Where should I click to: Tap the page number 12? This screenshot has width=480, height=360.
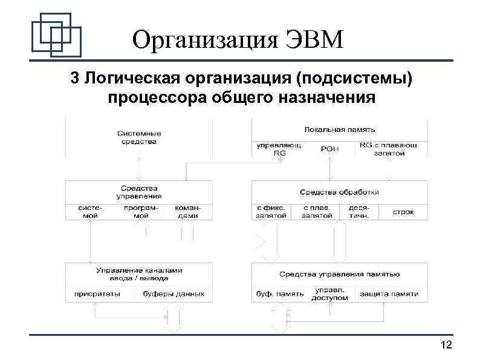point(447,345)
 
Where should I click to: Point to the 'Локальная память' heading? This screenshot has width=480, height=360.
point(340,129)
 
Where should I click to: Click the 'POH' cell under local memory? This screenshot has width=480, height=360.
point(329,149)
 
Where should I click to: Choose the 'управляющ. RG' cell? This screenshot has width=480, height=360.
point(279,149)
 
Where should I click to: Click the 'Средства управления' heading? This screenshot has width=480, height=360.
point(139,192)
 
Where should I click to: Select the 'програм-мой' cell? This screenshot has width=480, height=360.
point(140,211)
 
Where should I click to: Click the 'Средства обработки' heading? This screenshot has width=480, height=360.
point(339,192)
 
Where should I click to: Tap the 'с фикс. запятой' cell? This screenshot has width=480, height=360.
point(270,211)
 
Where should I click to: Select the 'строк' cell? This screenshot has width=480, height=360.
point(403,212)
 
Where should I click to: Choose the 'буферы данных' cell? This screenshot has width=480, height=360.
point(174,294)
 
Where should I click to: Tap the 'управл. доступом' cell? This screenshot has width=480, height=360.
point(329,293)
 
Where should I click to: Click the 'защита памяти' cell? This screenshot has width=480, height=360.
point(389,294)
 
